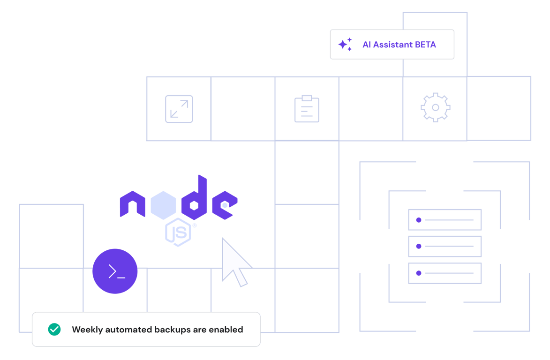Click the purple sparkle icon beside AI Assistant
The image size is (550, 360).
click(345, 45)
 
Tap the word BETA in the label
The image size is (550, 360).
click(425, 45)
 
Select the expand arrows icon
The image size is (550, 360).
click(179, 109)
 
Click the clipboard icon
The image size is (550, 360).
click(307, 109)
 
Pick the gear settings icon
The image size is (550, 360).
click(435, 108)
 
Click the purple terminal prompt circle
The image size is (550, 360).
click(115, 271)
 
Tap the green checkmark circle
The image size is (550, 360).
click(54, 330)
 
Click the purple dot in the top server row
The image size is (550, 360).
click(419, 220)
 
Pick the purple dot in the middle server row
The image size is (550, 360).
click(419, 246)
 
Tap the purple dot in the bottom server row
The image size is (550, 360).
click(419, 273)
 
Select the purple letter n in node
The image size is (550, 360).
click(133, 204)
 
